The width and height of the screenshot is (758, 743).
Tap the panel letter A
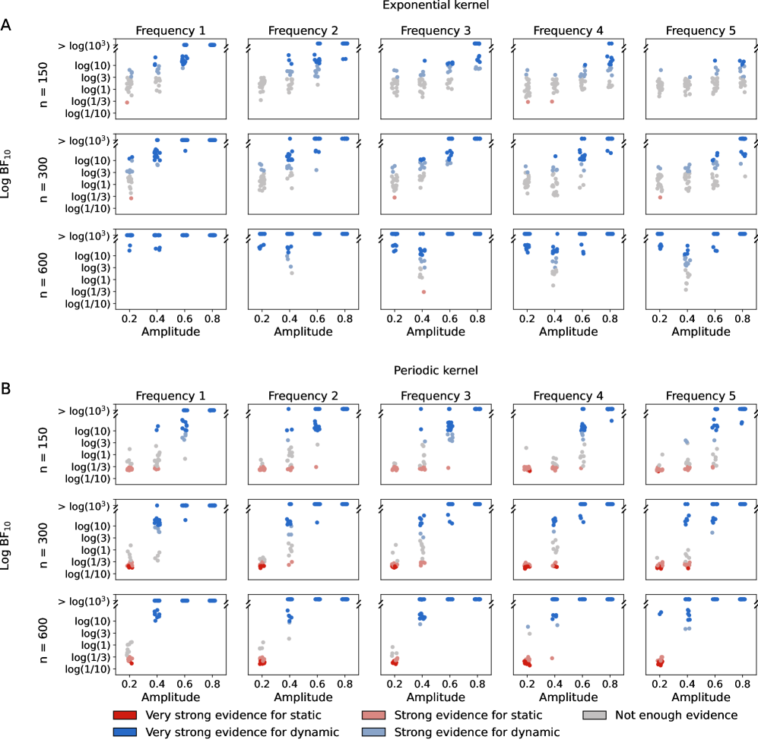[x=6, y=25]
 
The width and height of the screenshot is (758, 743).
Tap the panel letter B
[x=6, y=389]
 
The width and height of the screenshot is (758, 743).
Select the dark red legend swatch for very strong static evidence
[x=122, y=715]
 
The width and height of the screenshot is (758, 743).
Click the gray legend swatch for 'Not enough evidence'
[x=593, y=715]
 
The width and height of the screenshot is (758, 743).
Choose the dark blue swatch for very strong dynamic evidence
[x=122, y=732]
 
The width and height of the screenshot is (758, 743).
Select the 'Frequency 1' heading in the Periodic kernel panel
[x=170, y=395]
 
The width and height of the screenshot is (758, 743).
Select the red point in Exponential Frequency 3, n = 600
[x=423, y=292]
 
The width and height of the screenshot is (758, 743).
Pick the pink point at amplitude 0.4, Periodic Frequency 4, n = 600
[x=553, y=658]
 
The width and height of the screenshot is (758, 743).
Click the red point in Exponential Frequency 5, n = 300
[x=661, y=198]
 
